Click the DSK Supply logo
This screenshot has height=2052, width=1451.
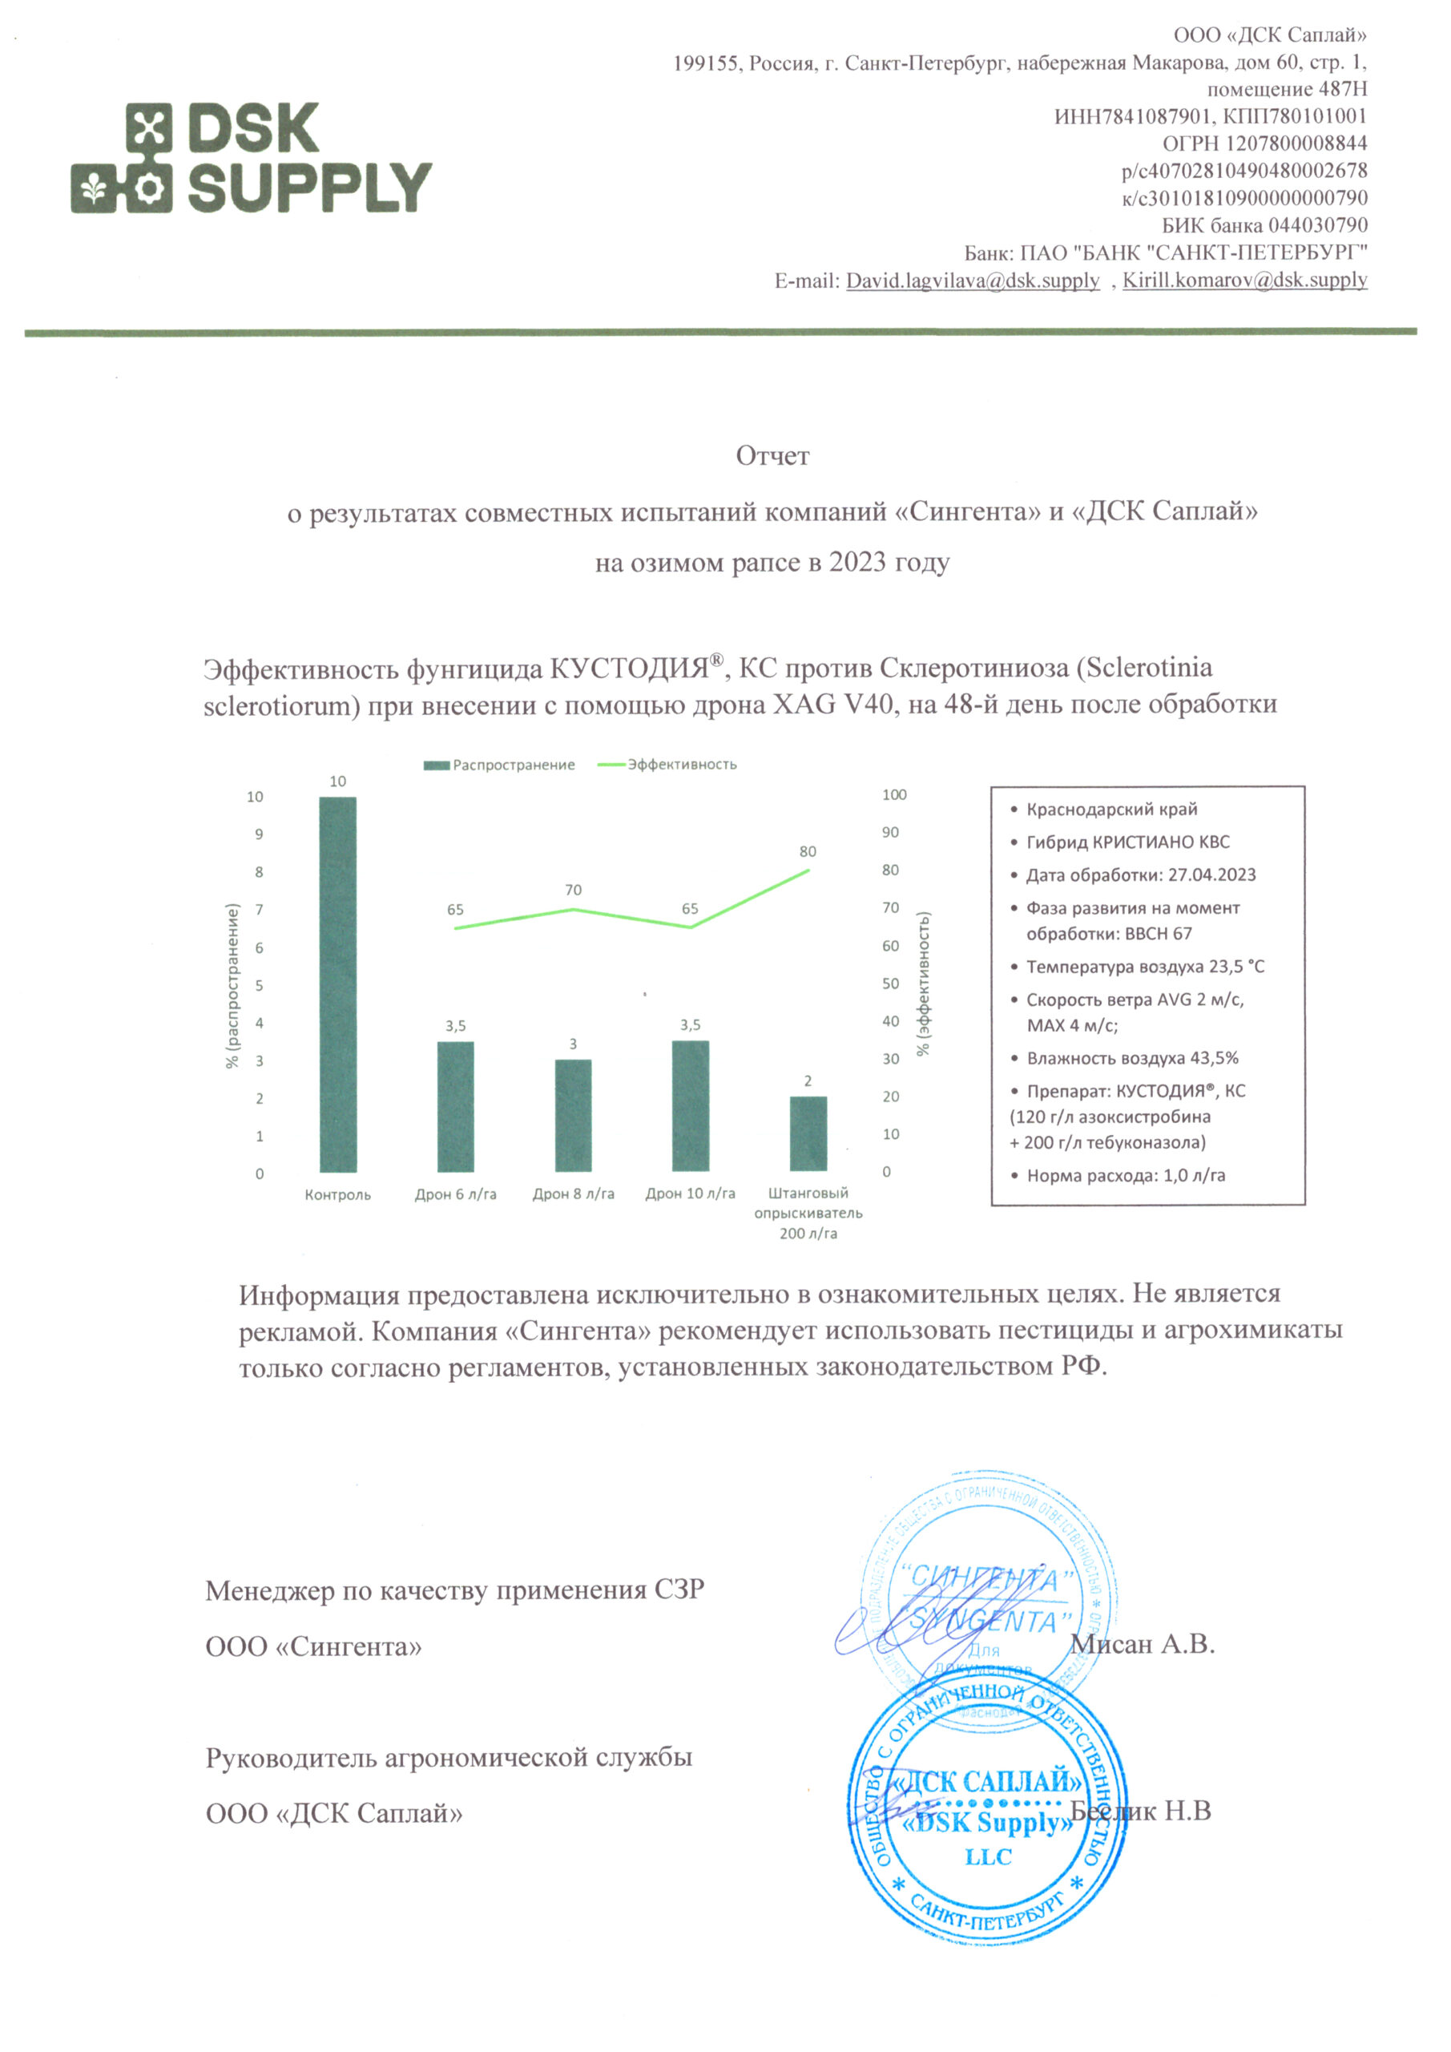point(251,157)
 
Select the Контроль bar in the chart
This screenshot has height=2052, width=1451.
point(338,983)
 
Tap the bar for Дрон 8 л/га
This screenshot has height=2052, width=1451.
point(573,1114)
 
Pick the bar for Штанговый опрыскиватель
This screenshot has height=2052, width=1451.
point(808,1133)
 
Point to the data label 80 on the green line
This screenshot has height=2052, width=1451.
point(808,852)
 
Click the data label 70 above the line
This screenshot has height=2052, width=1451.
point(573,891)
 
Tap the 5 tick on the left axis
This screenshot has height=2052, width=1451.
point(259,986)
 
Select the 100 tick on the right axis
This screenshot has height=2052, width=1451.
point(893,794)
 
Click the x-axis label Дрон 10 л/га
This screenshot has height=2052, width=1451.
point(690,1194)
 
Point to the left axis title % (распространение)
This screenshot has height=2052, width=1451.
point(233,986)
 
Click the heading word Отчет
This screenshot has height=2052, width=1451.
point(772,456)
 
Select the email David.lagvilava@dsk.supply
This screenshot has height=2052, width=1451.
point(972,281)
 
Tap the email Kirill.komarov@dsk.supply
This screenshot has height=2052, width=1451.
point(1244,281)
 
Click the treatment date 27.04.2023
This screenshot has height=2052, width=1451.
point(1211,875)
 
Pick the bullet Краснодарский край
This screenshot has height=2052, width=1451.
point(1111,810)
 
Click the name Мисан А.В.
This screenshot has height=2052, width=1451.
point(1142,1643)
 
